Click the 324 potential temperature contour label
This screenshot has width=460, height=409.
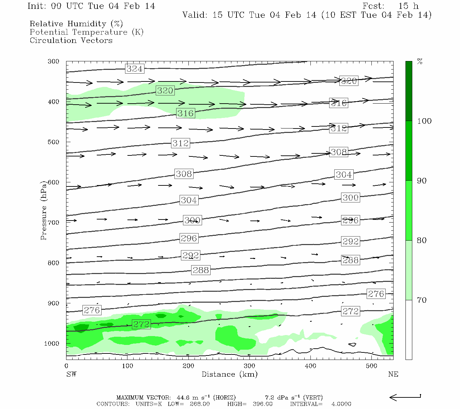pos(134,69)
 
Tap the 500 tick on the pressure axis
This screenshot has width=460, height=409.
pos(53,142)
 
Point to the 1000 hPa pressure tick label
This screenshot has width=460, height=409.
pos(51,344)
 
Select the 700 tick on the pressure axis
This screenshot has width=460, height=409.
pos(53,223)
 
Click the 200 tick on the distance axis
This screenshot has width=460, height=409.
pos(188,366)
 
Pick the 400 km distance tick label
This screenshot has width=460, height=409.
pos(310,366)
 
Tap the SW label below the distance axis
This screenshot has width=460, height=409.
pos(71,374)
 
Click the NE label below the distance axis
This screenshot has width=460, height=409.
pos(393,374)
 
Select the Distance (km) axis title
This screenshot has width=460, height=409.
pos(229,374)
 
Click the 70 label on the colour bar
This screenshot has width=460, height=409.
pos(422,300)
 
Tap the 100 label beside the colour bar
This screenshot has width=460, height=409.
pos(424,121)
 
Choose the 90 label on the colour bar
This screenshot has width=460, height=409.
pos(422,181)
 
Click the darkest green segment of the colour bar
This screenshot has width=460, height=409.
pos(409,91)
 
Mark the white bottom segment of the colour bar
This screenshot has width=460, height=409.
pos(409,330)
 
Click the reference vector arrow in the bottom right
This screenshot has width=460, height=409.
pos(405,397)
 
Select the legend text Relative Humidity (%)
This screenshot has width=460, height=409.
pos(76,24)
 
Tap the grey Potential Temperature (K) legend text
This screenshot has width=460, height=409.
pos(87,32)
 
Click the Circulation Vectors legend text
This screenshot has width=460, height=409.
pos(71,40)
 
